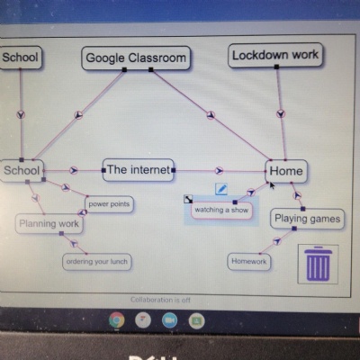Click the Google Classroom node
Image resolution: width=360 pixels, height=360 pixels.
[x=136, y=58]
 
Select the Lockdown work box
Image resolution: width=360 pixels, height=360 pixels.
[x=275, y=55]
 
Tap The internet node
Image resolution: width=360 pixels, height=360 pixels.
[x=139, y=170]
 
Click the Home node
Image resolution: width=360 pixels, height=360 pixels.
[x=286, y=171]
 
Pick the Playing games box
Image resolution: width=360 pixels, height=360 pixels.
[x=308, y=219]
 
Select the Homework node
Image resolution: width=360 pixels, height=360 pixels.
[x=249, y=262]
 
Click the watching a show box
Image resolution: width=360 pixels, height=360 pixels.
[x=221, y=210]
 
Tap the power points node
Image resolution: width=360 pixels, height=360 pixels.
[x=109, y=204]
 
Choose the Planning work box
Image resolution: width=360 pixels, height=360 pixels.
[x=49, y=224]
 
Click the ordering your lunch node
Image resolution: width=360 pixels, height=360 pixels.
[x=97, y=262]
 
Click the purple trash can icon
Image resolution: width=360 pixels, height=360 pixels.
[x=318, y=264]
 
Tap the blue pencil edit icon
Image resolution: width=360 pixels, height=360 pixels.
[x=221, y=189]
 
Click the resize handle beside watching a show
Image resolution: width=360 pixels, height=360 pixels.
[x=188, y=199]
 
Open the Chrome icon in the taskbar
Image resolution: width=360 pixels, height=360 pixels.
[x=117, y=320]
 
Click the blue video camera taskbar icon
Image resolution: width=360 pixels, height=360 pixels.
[x=170, y=320]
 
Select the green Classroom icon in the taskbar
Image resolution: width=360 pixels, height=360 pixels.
[x=196, y=320]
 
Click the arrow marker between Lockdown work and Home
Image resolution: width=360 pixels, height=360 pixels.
[x=281, y=113]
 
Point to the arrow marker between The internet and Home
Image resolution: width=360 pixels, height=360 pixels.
[x=220, y=171]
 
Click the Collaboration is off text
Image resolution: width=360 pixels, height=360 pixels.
[x=160, y=300]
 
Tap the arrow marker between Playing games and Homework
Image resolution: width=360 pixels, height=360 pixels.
[x=277, y=240]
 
